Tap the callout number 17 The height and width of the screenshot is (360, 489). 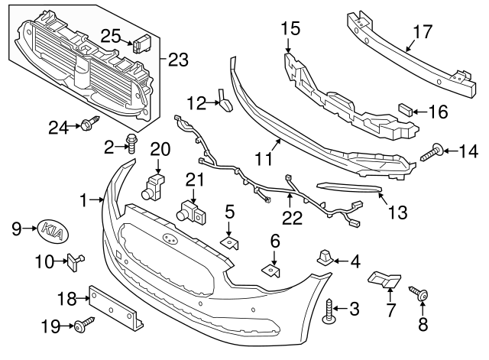[423, 34]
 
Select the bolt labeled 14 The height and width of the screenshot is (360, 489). [432, 153]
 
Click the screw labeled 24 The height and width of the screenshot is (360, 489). [91, 125]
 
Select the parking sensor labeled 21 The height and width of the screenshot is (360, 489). [189, 212]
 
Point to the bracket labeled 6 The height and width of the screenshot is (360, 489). [272, 269]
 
